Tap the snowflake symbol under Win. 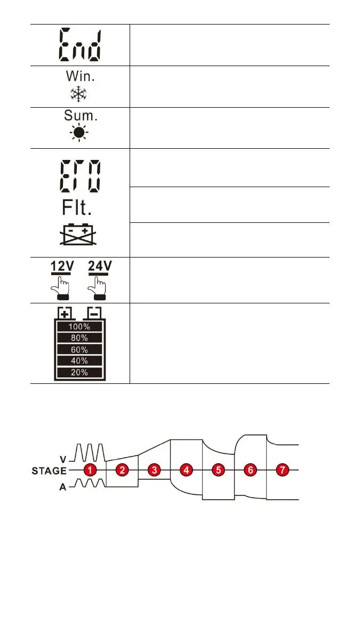[79, 95]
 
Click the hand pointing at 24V [96, 286]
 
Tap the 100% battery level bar [79, 326]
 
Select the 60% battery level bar [79, 349]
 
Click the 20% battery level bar [79, 372]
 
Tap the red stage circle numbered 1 [91, 471]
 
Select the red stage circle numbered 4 [186, 471]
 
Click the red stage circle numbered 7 [283, 471]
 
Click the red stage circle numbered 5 [218, 471]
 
